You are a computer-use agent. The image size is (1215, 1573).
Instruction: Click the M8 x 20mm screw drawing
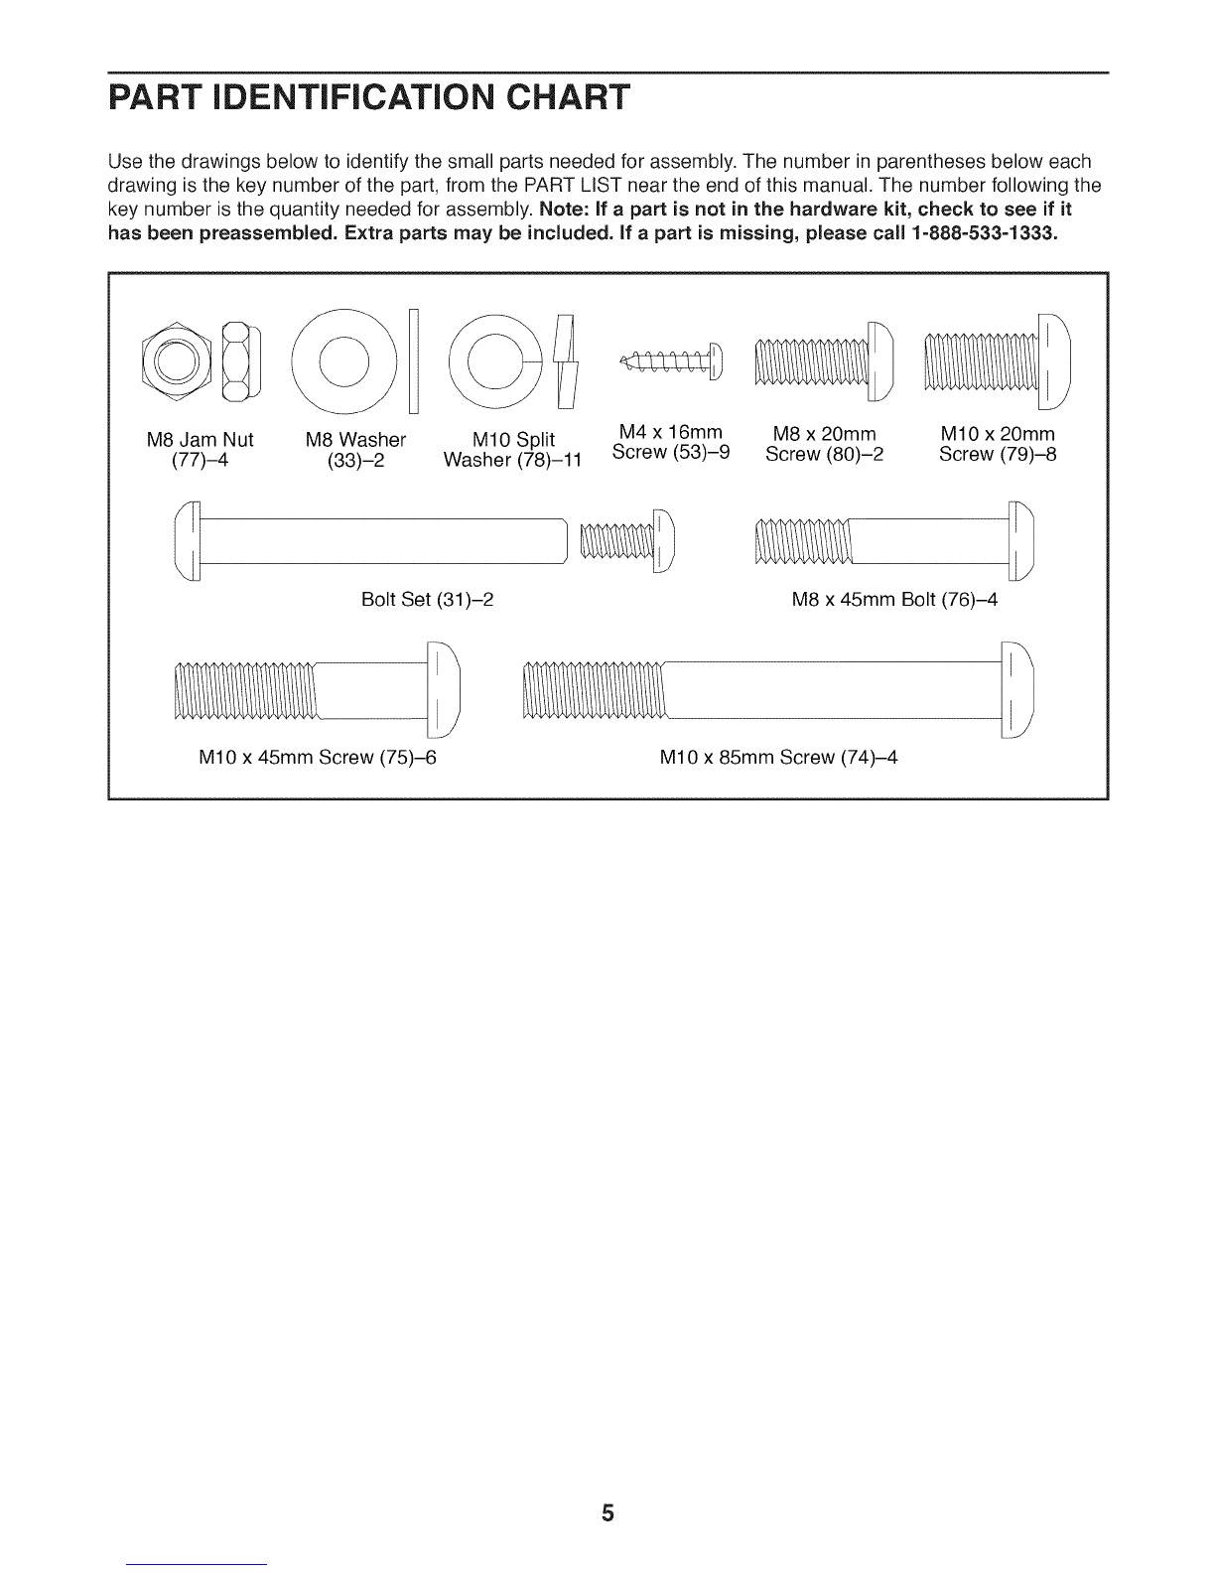(823, 360)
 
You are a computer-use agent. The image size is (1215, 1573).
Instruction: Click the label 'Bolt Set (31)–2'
(428, 601)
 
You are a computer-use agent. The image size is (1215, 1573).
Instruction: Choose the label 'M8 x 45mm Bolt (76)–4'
(893, 601)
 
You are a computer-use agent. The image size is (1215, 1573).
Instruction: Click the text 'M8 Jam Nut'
(200, 438)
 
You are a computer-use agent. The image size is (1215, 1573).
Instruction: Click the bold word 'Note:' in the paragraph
(563, 211)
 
